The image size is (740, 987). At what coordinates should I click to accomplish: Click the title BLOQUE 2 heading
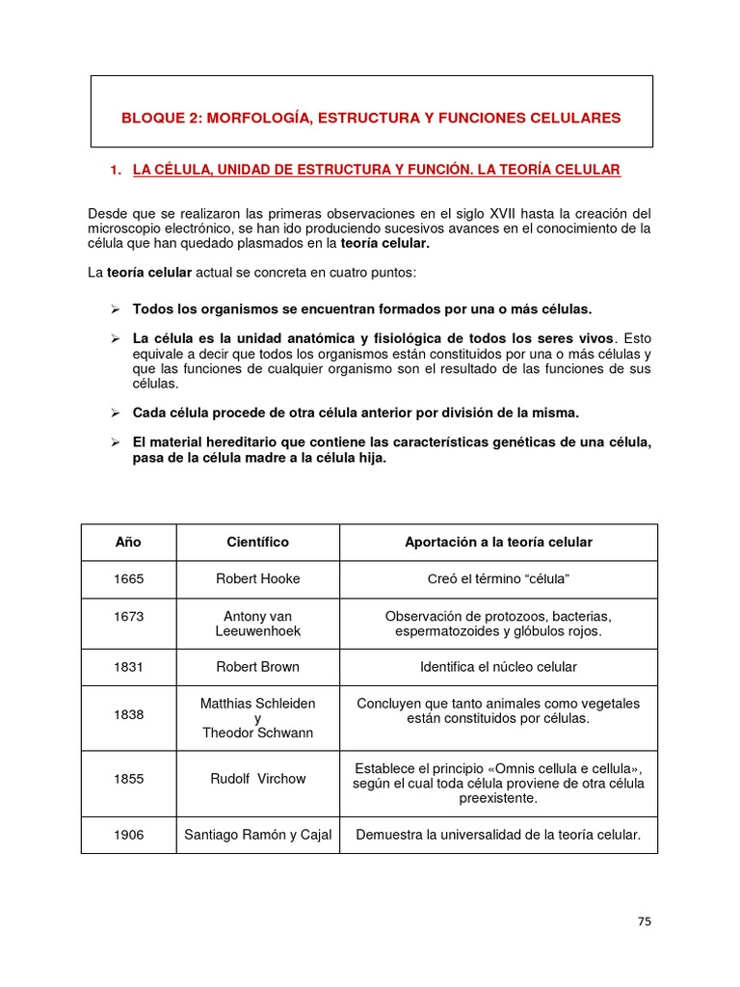[x=371, y=118]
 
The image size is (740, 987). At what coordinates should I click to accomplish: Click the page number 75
[x=645, y=920]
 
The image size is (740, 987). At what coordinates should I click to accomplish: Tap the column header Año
[x=128, y=542]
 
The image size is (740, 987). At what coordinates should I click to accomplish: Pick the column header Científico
[x=257, y=542]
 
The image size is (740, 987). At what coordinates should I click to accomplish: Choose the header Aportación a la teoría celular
[x=498, y=542]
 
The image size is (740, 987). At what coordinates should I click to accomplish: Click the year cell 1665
[x=128, y=578]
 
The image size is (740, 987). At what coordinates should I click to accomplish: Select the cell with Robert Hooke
[x=257, y=578]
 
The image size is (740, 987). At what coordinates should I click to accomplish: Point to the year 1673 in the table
[x=128, y=616]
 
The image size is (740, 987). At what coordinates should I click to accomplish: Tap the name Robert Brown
[x=257, y=666]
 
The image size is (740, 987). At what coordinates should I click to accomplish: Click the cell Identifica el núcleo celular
[x=498, y=666]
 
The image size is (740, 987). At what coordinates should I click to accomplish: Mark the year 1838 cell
[x=128, y=714]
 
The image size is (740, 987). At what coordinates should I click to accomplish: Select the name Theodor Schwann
[x=257, y=733]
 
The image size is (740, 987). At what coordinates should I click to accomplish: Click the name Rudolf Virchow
[x=257, y=778]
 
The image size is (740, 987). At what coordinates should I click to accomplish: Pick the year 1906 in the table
[x=128, y=835]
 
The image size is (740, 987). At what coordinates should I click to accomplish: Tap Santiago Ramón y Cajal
[x=257, y=835]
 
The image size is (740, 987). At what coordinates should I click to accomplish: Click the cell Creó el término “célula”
[x=498, y=578]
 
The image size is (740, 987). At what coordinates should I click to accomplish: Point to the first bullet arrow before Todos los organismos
[x=114, y=309]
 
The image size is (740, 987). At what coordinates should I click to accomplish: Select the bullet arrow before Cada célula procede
[x=114, y=413]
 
